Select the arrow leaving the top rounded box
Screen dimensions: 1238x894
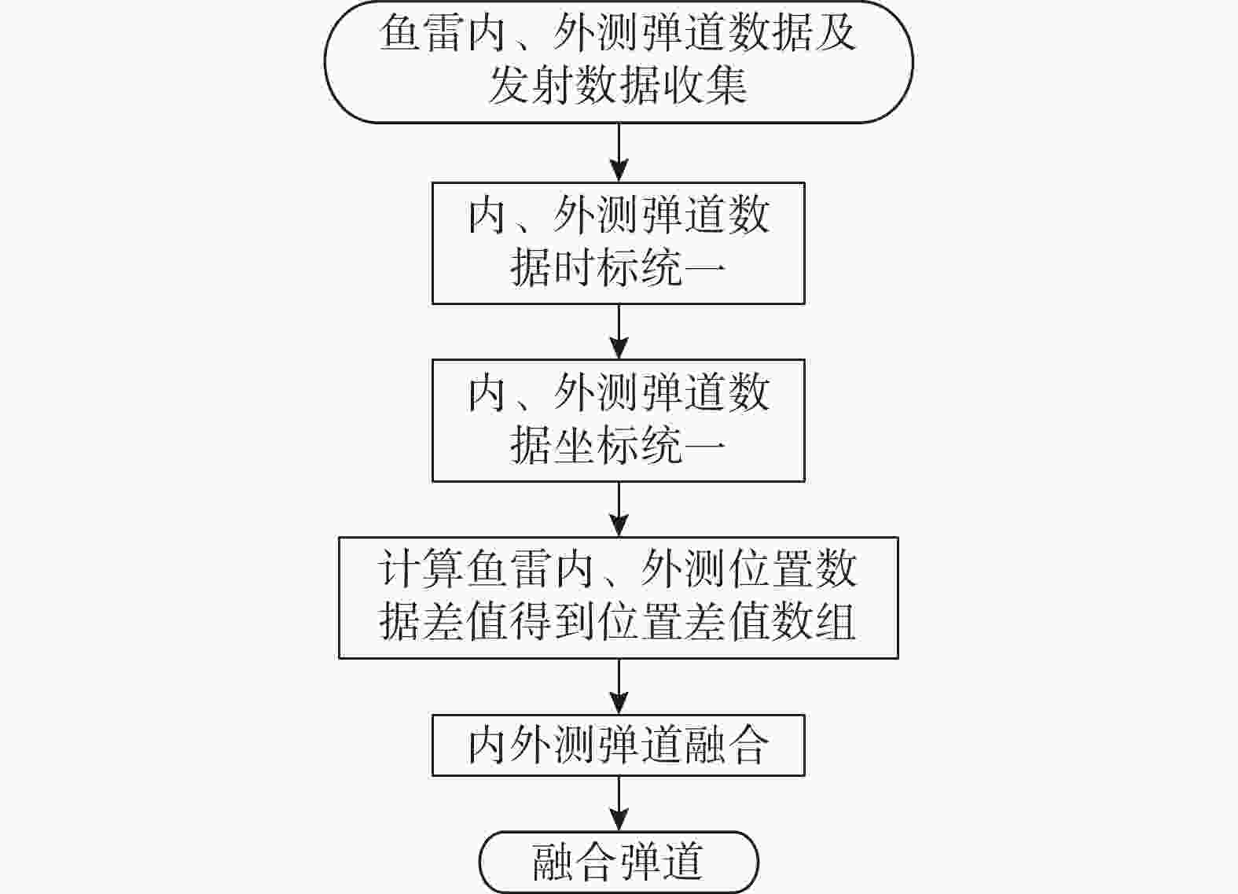(x=619, y=153)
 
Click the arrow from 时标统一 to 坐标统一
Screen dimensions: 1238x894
(x=619, y=332)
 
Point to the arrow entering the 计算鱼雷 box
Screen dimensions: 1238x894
(x=619, y=510)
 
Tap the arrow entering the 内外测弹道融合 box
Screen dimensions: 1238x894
(x=619, y=686)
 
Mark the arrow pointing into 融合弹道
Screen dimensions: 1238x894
(x=619, y=804)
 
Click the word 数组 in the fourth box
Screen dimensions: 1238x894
(x=814, y=622)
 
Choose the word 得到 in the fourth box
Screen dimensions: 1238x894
(x=553, y=622)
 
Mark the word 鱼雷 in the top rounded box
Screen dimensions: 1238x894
(x=422, y=32)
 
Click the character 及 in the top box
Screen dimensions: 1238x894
(x=835, y=32)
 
